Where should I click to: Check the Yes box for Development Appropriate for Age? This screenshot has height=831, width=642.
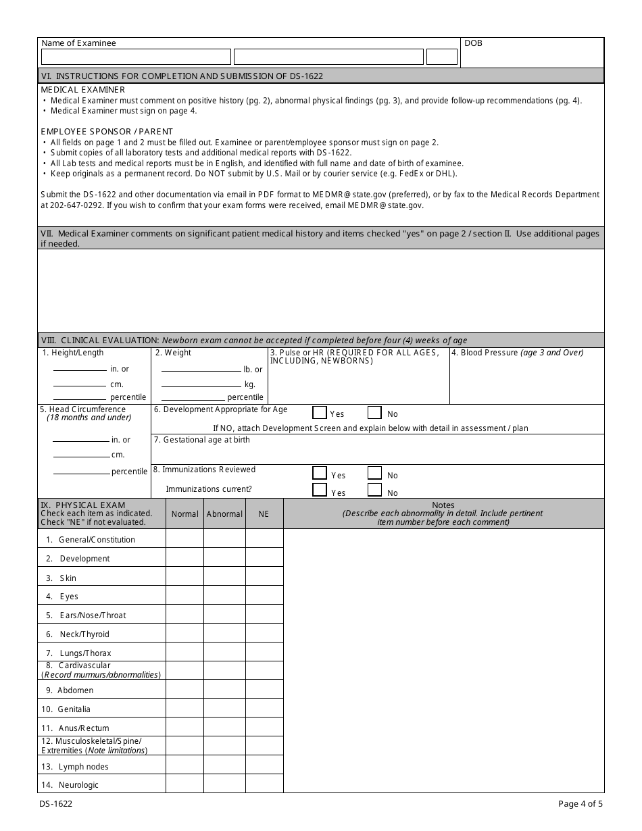(x=320, y=413)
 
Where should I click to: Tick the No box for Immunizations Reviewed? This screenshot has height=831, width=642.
(x=374, y=474)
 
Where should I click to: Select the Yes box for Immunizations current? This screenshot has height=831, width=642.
(x=320, y=490)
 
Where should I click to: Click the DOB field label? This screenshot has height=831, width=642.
(x=473, y=43)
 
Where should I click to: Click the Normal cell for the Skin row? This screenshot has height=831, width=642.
(x=184, y=578)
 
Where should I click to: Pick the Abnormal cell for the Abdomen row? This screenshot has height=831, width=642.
(x=224, y=690)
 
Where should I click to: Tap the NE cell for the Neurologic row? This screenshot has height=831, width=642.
(x=264, y=784)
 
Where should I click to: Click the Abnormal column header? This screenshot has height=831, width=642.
(x=224, y=514)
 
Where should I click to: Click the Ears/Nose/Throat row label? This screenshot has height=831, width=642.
(x=92, y=615)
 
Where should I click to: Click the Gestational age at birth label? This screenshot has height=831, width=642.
(x=201, y=440)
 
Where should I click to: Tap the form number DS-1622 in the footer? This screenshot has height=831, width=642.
(x=57, y=804)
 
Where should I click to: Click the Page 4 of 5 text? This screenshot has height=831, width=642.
(x=580, y=804)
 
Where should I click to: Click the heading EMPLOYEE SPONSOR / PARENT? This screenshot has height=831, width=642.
(x=107, y=131)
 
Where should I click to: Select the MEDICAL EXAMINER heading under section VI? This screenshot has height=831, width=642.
(x=82, y=89)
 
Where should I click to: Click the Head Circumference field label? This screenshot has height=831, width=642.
(x=82, y=409)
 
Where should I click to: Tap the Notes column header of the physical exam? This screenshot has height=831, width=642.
(x=443, y=505)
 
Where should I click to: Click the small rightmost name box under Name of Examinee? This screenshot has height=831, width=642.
(x=442, y=57)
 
